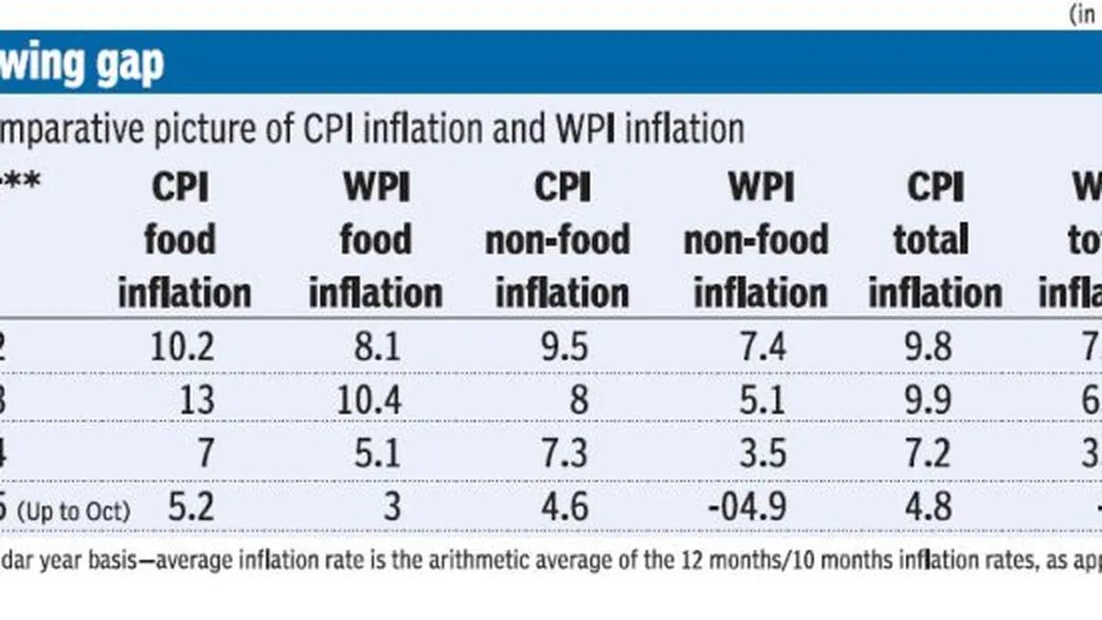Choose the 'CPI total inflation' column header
pyautogui.click(x=934, y=241)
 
